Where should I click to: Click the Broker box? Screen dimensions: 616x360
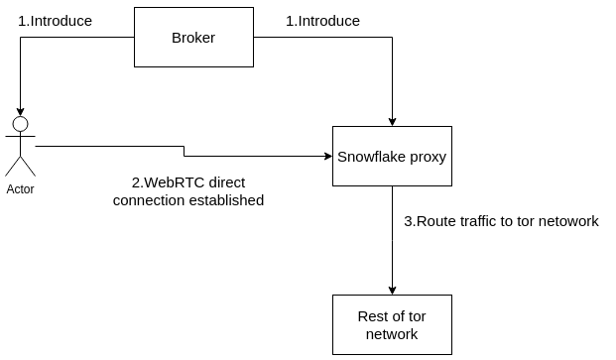(193, 38)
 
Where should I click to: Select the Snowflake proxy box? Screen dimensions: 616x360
(392, 157)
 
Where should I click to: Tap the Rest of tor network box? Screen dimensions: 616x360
(392, 324)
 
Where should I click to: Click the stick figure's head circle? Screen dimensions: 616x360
(21, 124)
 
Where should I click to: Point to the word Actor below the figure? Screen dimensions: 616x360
(20, 189)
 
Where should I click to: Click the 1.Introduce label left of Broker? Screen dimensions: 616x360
(55, 21)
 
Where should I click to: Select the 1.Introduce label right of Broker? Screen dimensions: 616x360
(322, 21)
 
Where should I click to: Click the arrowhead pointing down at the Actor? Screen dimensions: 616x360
(21, 112)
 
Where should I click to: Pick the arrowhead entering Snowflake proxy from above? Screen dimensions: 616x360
(392, 122)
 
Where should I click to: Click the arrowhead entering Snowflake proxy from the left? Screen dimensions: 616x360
(328, 157)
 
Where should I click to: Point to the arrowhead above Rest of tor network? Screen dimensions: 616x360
(392, 291)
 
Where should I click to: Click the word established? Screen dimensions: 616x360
(226, 200)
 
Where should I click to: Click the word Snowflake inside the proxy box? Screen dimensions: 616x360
(372, 157)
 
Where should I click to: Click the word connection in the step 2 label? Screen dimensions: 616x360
(149, 200)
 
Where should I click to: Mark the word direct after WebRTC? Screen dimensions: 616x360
(227, 182)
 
